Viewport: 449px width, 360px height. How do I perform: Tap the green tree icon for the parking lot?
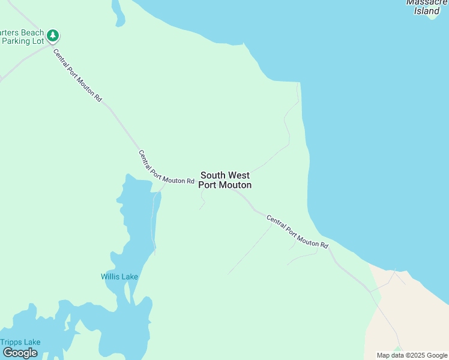[x=53, y=36]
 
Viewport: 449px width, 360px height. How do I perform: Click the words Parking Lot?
[x=23, y=41]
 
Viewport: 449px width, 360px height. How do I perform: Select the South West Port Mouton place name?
[x=225, y=180]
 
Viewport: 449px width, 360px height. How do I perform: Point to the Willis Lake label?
[x=119, y=277]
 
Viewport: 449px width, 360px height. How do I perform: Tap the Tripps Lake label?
[x=20, y=342]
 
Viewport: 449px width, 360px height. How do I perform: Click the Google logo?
[x=20, y=353]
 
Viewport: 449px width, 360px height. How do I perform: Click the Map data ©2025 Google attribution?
[x=412, y=355]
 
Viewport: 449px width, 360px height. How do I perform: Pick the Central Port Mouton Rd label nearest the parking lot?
[x=77, y=74]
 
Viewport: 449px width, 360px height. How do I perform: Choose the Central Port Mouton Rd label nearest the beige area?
[x=297, y=232]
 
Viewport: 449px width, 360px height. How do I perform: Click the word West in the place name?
[x=238, y=175]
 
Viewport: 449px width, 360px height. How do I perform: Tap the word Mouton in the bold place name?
[x=235, y=185]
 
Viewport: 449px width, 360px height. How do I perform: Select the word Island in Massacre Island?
[x=427, y=11]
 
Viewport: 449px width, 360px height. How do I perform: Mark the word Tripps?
[x=11, y=342]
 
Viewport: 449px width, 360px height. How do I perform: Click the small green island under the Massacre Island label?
[x=433, y=17]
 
